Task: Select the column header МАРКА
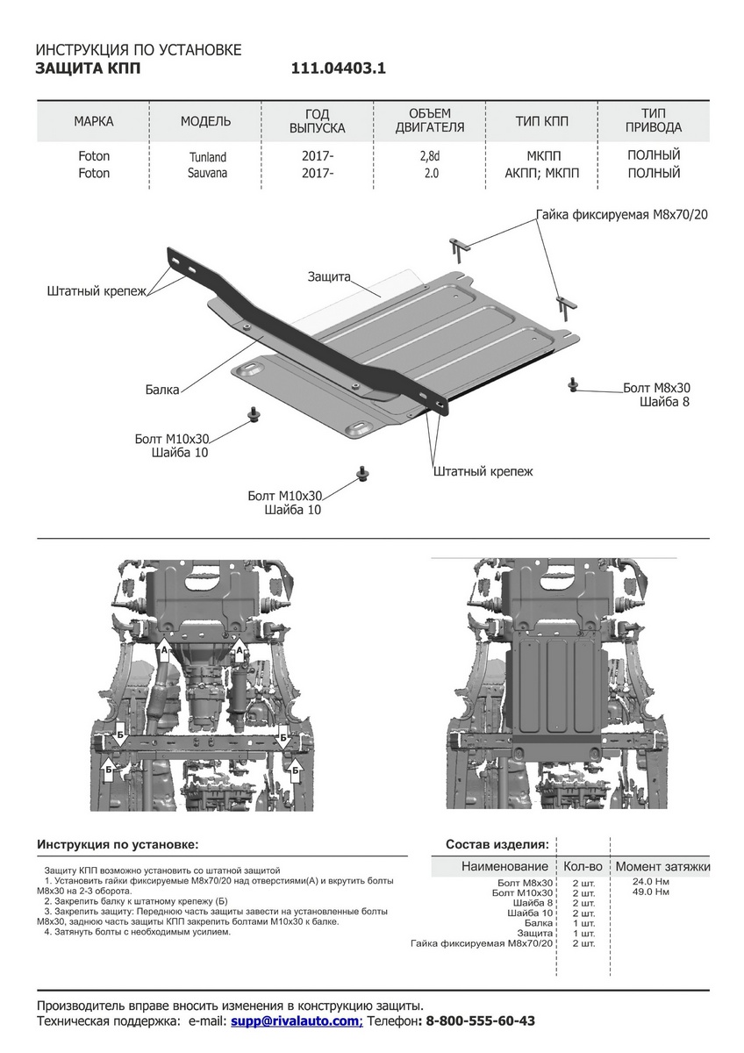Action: [93, 121]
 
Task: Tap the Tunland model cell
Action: [207, 157]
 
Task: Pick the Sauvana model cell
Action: [207, 173]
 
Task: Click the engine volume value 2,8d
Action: [430, 156]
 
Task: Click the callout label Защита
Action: [328, 276]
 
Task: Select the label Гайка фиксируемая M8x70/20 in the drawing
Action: [622, 215]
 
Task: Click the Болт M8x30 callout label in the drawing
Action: [656, 387]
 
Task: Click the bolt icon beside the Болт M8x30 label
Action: [573, 383]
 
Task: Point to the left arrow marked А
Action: [164, 650]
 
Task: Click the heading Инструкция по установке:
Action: [118, 844]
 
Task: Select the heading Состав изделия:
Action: [497, 844]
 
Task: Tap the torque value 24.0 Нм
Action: [650, 880]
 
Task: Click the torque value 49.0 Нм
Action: [650, 892]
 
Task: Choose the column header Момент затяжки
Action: [662, 866]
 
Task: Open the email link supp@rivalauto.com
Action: [297, 1021]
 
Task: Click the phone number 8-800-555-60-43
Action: [480, 1021]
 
